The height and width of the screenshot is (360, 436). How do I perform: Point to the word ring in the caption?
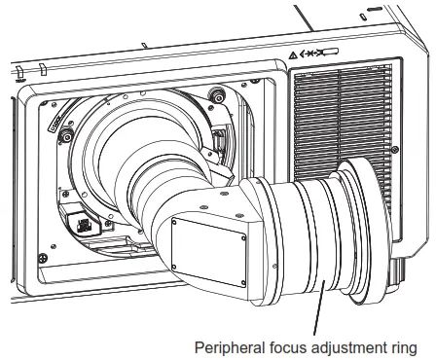[404, 346]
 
